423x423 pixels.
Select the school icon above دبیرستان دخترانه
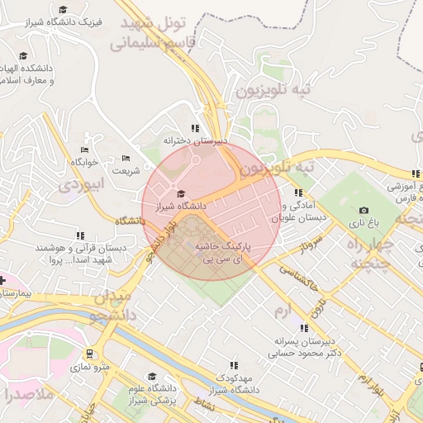pos(195,128)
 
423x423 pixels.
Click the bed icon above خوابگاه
pos(84,150)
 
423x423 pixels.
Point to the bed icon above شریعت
pos(126,158)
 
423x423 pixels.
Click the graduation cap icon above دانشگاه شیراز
pos(181,194)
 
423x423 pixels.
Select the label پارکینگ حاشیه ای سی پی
pos(222,253)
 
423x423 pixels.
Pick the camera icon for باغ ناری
pos(364,211)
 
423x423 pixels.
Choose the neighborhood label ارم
pos(283,309)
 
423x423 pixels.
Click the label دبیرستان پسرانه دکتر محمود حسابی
pos(304,346)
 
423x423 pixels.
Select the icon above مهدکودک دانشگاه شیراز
pos(234,364)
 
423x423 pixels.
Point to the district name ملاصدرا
pos(28,393)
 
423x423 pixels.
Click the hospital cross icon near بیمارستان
pos(2,282)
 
